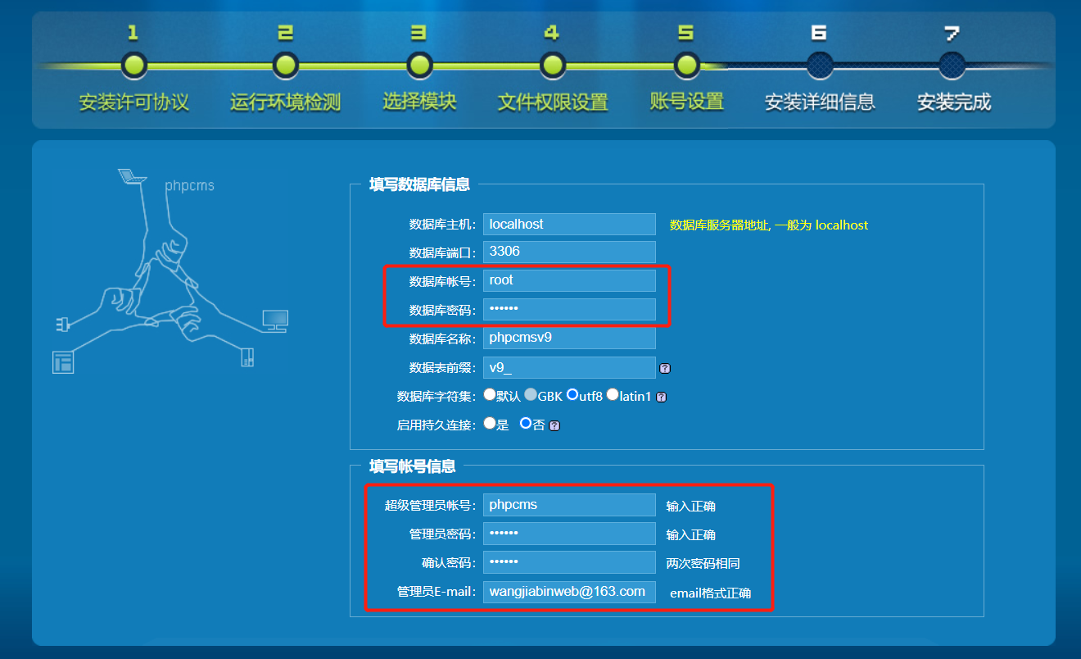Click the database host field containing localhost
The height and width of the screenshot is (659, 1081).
pyautogui.click(x=569, y=224)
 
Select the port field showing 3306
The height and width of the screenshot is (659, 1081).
pyautogui.click(x=569, y=252)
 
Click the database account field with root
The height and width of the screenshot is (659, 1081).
pyautogui.click(x=569, y=280)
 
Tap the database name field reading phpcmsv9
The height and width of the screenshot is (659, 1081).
pyautogui.click(x=569, y=338)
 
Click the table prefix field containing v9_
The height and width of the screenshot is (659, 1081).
pyautogui.click(x=569, y=368)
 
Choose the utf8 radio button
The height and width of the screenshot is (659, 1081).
pyautogui.click(x=573, y=394)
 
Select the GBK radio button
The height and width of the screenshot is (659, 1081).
pyautogui.click(x=531, y=394)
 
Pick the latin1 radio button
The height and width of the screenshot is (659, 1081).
pyautogui.click(x=612, y=394)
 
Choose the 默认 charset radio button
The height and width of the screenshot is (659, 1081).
pyautogui.click(x=490, y=394)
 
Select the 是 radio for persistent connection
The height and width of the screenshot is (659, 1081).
pyautogui.click(x=490, y=424)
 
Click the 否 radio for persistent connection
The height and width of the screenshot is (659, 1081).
pyautogui.click(x=526, y=424)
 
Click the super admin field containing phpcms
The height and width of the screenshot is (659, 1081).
pyautogui.click(x=569, y=505)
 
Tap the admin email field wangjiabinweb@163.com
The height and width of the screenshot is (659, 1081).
pyautogui.click(x=569, y=591)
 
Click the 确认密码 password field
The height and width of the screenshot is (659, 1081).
pyautogui.click(x=569, y=562)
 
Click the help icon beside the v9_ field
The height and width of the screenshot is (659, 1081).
pyautogui.click(x=665, y=369)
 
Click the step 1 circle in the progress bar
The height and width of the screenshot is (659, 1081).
pyautogui.click(x=133, y=65)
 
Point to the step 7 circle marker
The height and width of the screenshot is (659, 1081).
pyautogui.click(x=952, y=65)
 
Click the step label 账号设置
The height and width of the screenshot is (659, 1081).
pyautogui.click(x=686, y=102)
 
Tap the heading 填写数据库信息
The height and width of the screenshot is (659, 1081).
pyautogui.click(x=419, y=184)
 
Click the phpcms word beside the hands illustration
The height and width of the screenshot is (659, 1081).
pyautogui.click(x=189, y=186)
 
